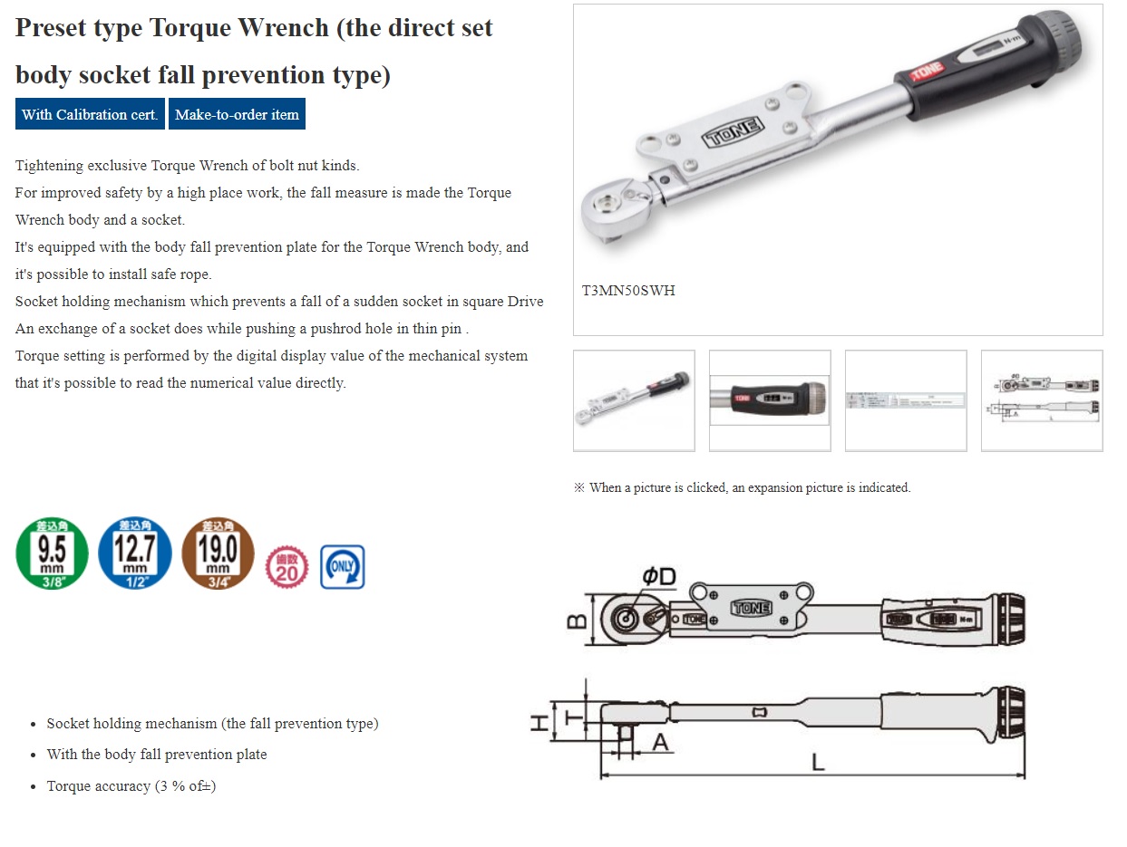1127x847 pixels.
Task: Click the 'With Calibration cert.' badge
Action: tap(90, 114)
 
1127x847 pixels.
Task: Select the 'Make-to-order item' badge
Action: tap(237, 114)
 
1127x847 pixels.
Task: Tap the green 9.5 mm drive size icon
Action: tap(53, 553)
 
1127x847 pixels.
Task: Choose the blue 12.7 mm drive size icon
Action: tap(134, 553)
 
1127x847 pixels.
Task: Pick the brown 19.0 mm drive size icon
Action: tap(218, 553)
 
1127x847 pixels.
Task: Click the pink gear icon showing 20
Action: tap(287, 567)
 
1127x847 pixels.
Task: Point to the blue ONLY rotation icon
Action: tap(343, 567)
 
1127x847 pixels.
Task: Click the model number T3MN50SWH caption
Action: tap(628, 291)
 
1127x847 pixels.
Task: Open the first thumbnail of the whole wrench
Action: tap(634, 400)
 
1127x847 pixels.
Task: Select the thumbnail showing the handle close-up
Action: tap(769, 400)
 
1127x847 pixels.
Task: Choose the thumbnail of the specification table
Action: tap(905, 400)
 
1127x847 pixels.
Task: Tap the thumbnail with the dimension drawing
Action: tap(1042, 400)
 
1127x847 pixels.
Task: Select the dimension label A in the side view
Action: tap(659, 742)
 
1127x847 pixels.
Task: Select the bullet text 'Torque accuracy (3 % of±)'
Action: tap(131, 785)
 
